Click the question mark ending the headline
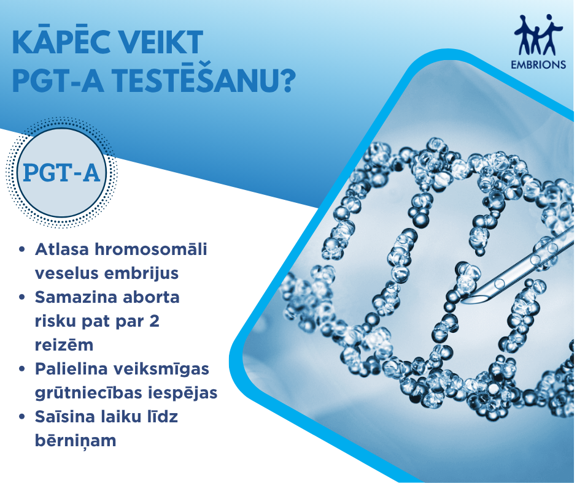click(286, 80)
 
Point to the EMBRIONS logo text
click(538, 65)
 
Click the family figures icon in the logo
click(538, 36)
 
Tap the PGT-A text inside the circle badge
click(61, 173)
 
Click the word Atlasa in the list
click(62, 249)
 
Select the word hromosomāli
click(151, 249)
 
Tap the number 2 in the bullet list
click(155, 321)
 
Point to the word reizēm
click(64, 345)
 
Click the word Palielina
click(72, 369)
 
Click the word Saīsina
click(63, 417)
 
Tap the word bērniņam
click(76, 441)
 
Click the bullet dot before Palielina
click(22, 369)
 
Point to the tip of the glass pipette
click(465, 301)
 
